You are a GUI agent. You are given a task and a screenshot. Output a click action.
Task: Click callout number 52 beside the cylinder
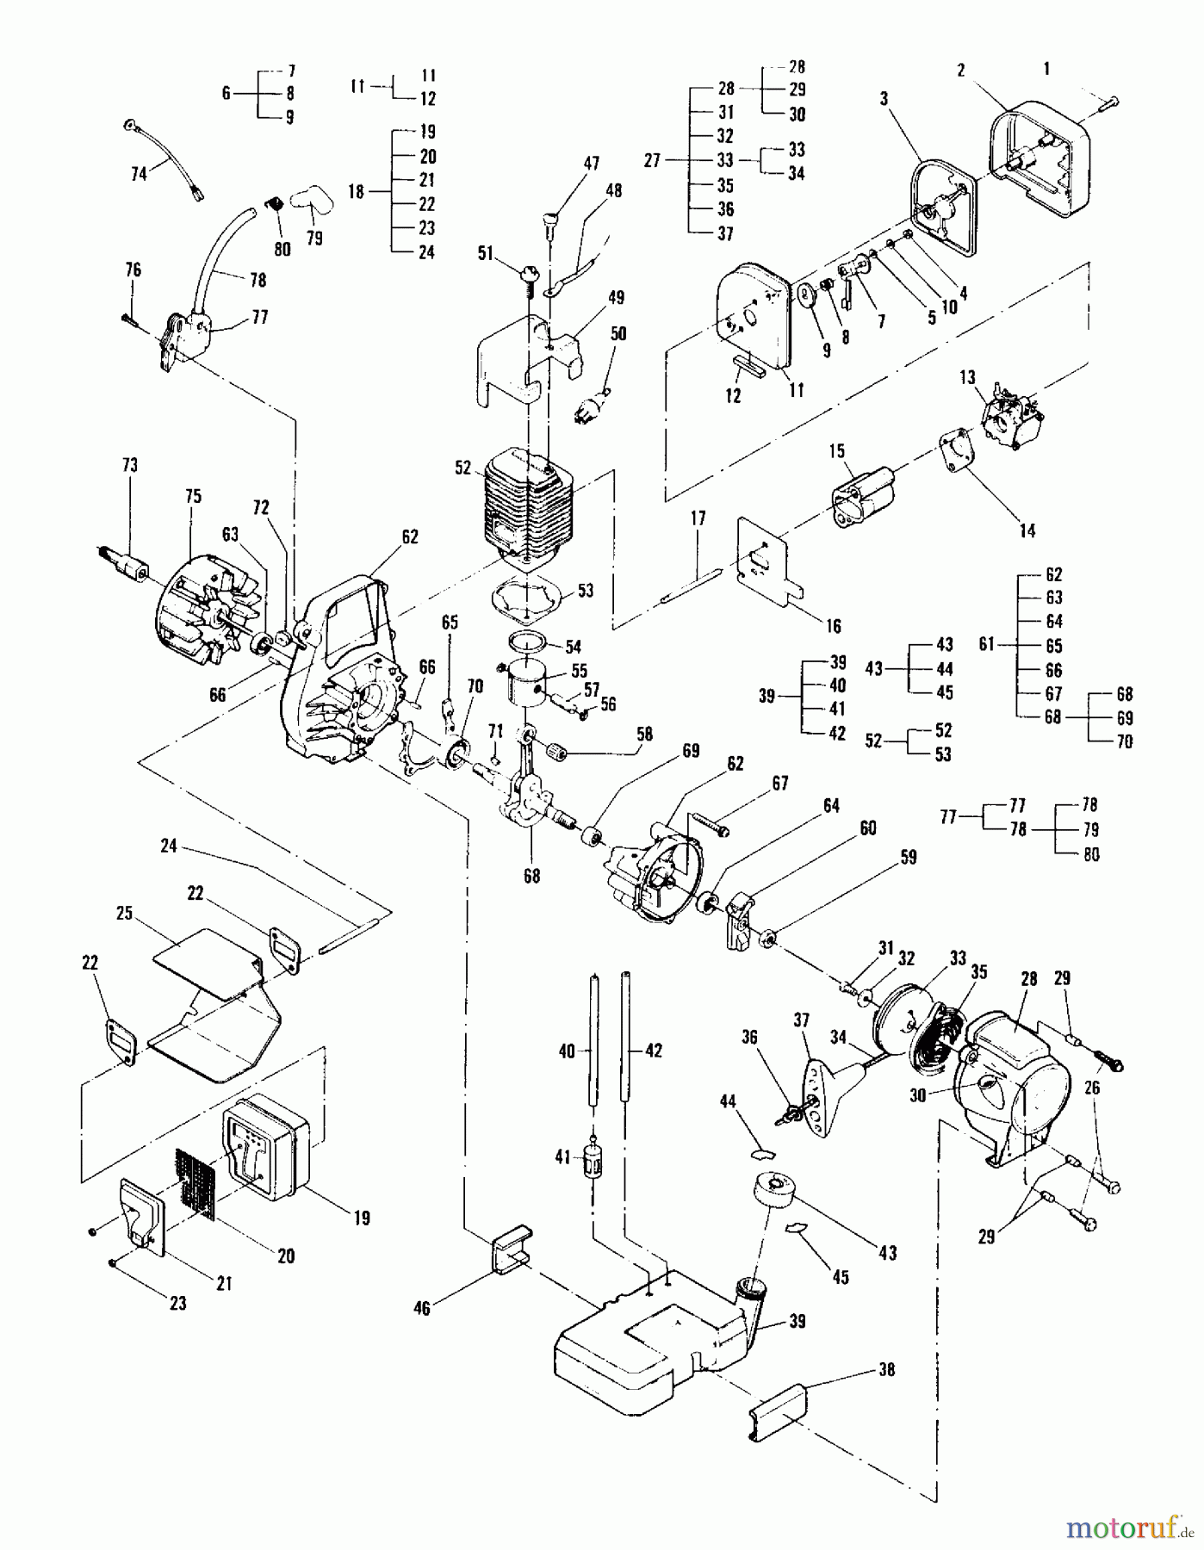[x=463, y=468]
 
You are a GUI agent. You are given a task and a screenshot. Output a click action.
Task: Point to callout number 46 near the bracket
[x=422, y=1308]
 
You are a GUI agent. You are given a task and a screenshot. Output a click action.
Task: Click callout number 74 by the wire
[x=139, y=173]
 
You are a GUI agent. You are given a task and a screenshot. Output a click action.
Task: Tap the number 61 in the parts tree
[x=989, y=645]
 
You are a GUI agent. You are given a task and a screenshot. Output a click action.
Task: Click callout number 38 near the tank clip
[x=885, y=1369]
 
